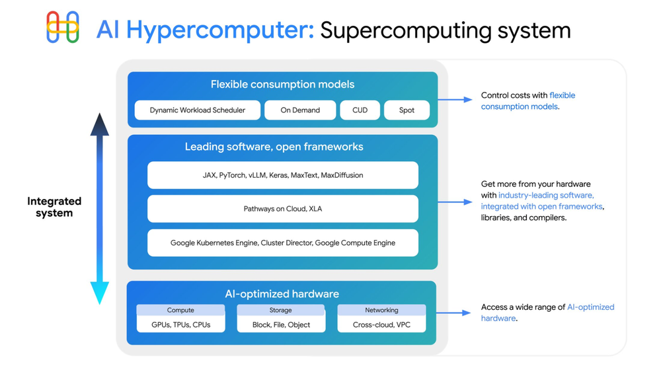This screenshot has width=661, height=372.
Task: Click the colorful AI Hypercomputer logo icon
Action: pyautogui.click(x=63, y=28)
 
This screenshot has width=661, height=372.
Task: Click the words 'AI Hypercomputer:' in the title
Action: pyautogui.click(x=205, y=30)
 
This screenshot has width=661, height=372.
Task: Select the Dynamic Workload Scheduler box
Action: pyautogui.click(x=197, y=110)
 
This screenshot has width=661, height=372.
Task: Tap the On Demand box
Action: pyautogui.click(x=299, y=110)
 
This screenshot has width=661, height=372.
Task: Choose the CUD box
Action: pyautogui.click(x=360, y=110)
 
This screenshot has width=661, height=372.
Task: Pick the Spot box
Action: pyautogui.click(x=407, y=110)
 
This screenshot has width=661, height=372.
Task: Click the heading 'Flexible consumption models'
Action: pyautogui.click(x=282, y=85)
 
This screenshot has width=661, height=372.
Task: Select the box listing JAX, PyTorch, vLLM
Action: pyautogui.click(x=282, y=175)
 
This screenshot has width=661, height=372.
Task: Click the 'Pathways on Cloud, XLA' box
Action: pyautogui.click(x=282, y=209)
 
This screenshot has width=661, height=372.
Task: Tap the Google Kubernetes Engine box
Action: pyautogui.click(x=282, y=242)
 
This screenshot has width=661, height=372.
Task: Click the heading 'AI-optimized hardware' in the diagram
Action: pyautogui.click(x=282, y=294)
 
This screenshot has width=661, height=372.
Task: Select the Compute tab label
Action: pyautogui.click(x=180, y=310)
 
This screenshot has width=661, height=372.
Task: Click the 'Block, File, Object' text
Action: pyautogui.click(x=281, y=325)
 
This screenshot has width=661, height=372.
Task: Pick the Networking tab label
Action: pyautogui.click(x=381, y=310)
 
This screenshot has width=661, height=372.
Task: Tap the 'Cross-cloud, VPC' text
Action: pyautogui.click(x=381, y=325)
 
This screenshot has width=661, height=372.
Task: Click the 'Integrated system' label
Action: pyautogui.click(x=54, y=207)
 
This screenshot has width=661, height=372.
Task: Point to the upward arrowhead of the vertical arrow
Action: pyautogui.click(x=100, y=124)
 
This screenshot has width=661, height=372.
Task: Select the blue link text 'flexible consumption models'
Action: pyautogui.click(x=529, y=101)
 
